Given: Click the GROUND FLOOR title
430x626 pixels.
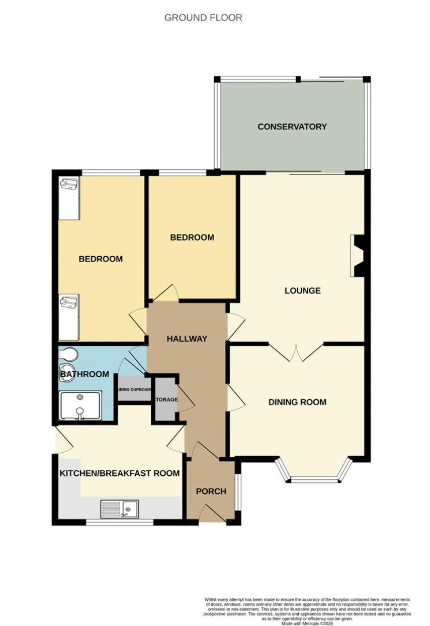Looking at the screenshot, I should pyautogui.click(x=203, y=18).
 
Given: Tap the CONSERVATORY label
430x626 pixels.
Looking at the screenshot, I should pyautogui.click(x=292, y=127).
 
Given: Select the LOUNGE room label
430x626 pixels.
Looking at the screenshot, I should pyautogui.click(x=302, y=290).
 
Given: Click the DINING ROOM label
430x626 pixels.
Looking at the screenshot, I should pyautogui.click(x=297, y=402).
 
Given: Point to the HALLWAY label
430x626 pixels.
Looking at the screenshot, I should pyautogui.click(x=187, y=339).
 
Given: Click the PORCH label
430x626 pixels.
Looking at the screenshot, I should pyautogui.click(x=211, y=491).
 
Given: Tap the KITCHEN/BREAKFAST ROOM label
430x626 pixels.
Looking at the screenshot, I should pyautogui.click(x=120, y=473).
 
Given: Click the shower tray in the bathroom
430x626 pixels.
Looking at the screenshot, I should pyautogui.click(x=80, y=405).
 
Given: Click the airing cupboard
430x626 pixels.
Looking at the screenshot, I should pyautogui.click(x=134, y=390).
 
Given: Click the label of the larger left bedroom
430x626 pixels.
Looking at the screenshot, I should pyautogui.click(x=101, y=259).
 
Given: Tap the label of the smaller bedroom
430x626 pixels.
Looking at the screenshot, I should pyautogui.click(x=192, y=237).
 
